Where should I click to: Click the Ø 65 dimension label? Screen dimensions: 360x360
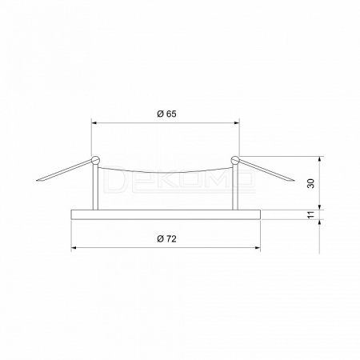166,114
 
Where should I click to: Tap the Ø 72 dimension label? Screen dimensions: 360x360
166,239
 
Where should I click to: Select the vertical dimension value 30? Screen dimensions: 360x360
311,183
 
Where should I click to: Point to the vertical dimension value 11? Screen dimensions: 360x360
311,215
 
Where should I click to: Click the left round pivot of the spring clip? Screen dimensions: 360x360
95,160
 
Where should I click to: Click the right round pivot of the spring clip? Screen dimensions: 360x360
235,160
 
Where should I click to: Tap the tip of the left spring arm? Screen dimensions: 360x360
37,181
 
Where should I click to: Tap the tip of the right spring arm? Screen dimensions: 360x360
294,181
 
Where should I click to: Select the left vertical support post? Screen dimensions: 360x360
95,186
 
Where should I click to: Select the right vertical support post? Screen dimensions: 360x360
235,186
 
